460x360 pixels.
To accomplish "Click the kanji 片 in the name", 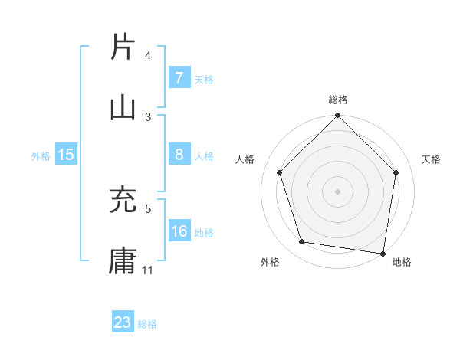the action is [123, 47].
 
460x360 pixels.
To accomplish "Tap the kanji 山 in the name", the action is [123, 107].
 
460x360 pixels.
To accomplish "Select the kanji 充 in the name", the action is [123, 201].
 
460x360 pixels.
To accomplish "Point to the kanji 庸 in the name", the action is [123, 260].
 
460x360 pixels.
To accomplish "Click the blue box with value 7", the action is [179, 78].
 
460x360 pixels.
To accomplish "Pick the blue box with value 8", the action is [179, 155].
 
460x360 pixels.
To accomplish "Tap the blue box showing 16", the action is [179, 231].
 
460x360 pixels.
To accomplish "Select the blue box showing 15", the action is [66, 155].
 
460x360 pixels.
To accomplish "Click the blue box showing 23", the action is [123, 322].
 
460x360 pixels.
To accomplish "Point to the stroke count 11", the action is [148, 270].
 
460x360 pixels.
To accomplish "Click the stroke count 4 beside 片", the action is [148, 56].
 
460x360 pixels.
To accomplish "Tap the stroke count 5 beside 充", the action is [148, 208].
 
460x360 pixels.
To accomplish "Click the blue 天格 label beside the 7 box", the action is [204, 79].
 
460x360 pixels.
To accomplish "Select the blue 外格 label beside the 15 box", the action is [41, 155].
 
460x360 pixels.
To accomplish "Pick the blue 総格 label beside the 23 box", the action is [147, 323].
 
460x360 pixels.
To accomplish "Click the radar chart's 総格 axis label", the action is [337, 100].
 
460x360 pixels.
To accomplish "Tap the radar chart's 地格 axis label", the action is [402, 262].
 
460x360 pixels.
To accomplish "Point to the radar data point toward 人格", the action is [280, 172].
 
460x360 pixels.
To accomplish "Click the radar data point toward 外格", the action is [302, 242].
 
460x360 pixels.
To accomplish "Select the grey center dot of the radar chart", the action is [337, 191].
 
